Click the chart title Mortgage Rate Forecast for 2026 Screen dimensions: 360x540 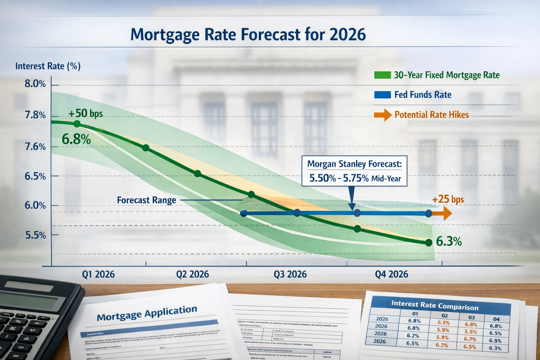coord(248,35)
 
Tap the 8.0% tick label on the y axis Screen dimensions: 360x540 coord(35,84)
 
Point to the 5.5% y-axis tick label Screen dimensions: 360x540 coord(35,235)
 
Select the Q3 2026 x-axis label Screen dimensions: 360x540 coord(290,274)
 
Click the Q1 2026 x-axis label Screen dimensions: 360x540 coord(98,274)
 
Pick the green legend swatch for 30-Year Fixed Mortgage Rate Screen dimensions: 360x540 coord(382,75)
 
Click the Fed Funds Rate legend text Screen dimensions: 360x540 coord(423,95)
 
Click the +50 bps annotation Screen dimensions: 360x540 coord(85,113)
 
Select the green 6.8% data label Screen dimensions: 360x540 coord(76,139)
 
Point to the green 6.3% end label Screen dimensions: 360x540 coord(449,242)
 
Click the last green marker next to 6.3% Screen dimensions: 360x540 coord(428,243)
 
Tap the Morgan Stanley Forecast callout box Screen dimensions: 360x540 coord(354,171)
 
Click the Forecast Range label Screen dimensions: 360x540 coord(146,200)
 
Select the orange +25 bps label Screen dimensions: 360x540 coord(448,199)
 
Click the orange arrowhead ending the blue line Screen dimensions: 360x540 coord(446,213)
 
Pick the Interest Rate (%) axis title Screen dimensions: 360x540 coord(48,66)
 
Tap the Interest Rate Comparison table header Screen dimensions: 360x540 coord(435,306)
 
